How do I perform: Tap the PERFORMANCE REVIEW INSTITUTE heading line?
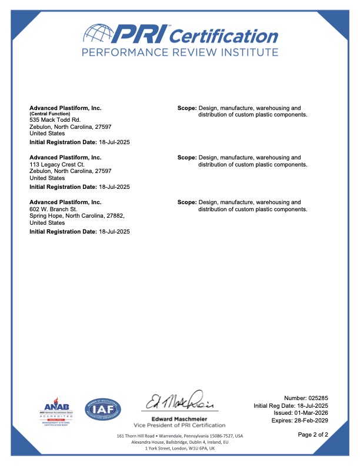coord(179,53)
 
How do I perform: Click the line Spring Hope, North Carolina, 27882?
coord(76,216)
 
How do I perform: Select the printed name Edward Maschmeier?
coord(179,418)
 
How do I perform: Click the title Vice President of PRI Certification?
coord(179,425)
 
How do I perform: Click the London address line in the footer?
coord(179,448)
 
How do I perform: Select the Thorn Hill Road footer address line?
coord(179,436)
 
